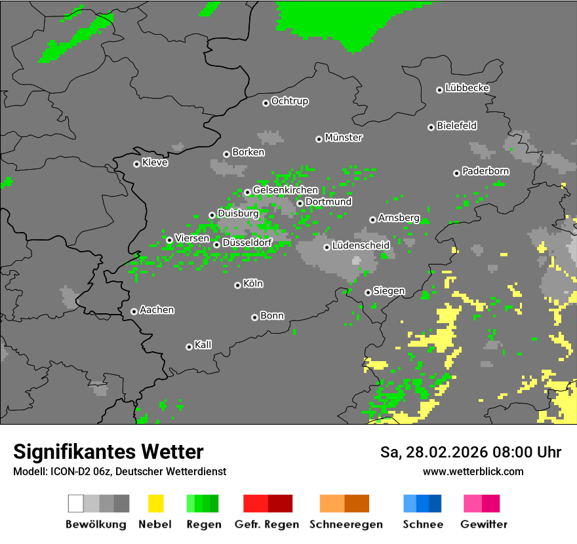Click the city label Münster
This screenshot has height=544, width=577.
[344, 138]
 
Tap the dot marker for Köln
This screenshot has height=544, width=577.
[237, 285]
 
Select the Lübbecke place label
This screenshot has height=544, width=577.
[467, 88]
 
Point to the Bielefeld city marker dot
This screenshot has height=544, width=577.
[431, 127]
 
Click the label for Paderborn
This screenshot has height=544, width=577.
[485, 171]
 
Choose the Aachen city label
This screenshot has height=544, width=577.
[157, 310]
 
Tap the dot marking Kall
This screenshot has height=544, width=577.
[189, 347]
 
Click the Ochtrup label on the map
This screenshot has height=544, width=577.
[289, 101]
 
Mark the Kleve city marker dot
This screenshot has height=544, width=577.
[136, 164]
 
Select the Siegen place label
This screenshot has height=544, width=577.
[389, 291]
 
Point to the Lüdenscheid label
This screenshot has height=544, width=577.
[361, 246]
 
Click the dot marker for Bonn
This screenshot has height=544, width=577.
[254, 317]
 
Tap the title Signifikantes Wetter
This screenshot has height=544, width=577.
[108, 452]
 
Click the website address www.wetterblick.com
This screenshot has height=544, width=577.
[473, 471]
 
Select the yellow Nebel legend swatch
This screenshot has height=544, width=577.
[155, 503]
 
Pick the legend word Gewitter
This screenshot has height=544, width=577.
[483, 524]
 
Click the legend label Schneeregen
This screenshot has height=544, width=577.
[346, 524]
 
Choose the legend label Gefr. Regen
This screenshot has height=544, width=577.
[266, 524]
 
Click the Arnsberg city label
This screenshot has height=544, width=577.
[399, 218]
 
